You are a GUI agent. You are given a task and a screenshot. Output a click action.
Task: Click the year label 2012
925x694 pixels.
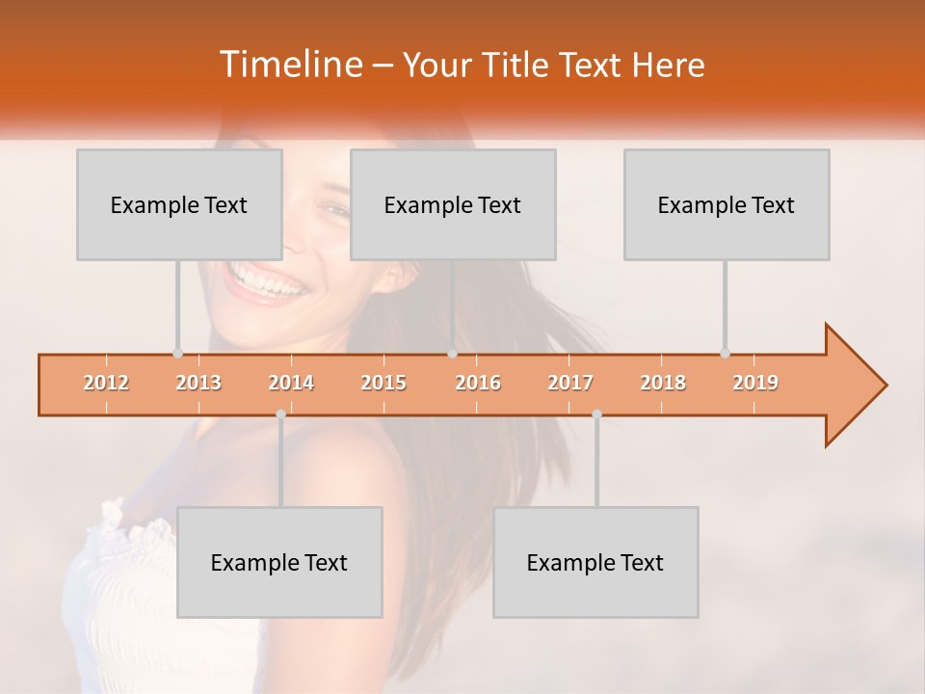coord(106,384)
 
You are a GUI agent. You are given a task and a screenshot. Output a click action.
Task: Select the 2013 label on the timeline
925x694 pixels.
coord(198,384)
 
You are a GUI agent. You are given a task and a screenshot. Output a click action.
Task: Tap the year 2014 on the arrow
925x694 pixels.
coord(291,384)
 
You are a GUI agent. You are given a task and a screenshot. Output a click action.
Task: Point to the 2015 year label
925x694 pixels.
coord(383,384)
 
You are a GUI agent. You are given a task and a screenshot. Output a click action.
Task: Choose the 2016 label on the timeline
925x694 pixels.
coord(478,384)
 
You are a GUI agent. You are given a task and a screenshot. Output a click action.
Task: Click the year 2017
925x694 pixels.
coord(570,384)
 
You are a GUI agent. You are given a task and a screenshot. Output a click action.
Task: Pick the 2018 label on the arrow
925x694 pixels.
coord(663,384)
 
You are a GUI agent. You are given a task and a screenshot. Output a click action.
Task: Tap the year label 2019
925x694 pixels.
coord(755,384)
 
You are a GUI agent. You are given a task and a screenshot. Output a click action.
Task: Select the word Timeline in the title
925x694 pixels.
coord(289,65)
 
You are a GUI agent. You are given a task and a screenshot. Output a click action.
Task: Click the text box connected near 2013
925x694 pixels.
coord(179,205)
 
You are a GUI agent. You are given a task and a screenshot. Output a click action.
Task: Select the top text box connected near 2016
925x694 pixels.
coord(453,205)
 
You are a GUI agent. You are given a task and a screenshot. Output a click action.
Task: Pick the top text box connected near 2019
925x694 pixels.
coord(727,205)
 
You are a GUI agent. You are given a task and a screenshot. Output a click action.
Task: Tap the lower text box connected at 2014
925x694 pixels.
coord(279,563)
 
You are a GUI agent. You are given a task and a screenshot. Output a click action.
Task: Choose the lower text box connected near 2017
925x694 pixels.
coord(595,563)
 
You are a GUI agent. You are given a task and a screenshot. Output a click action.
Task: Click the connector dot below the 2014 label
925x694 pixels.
coord(280,414)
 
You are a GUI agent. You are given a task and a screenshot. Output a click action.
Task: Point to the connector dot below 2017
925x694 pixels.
coord(596,414)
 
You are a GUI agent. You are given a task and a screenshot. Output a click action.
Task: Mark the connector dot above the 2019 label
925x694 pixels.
coord(726,354)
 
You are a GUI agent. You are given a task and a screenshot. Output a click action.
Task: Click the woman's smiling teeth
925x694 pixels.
coord(262,283)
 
